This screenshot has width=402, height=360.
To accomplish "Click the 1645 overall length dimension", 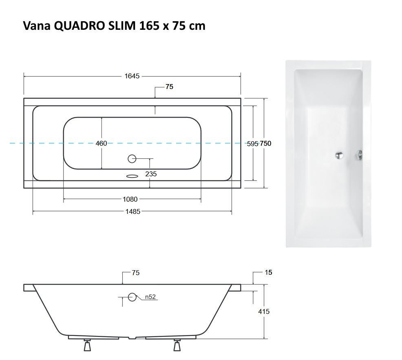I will click(132, 76).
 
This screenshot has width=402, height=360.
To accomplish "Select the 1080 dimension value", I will click(130, 199).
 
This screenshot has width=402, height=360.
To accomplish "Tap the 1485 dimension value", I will click(132, 211).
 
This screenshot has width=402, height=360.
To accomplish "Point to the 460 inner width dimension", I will click(101, 143).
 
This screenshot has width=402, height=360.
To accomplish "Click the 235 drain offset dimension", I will click(151, 174).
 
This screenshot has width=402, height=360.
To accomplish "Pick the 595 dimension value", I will click(253, 143).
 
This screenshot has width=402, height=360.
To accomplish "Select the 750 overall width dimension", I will click(265, 143).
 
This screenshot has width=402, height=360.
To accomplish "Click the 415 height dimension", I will click(264, 311).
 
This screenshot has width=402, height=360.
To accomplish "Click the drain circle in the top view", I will click(132, 158).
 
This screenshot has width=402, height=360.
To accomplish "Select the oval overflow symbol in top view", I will click(132, 176).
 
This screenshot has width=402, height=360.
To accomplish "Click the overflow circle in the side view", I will click(132, 297).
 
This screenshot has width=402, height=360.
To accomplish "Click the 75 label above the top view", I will click(170, 87).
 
